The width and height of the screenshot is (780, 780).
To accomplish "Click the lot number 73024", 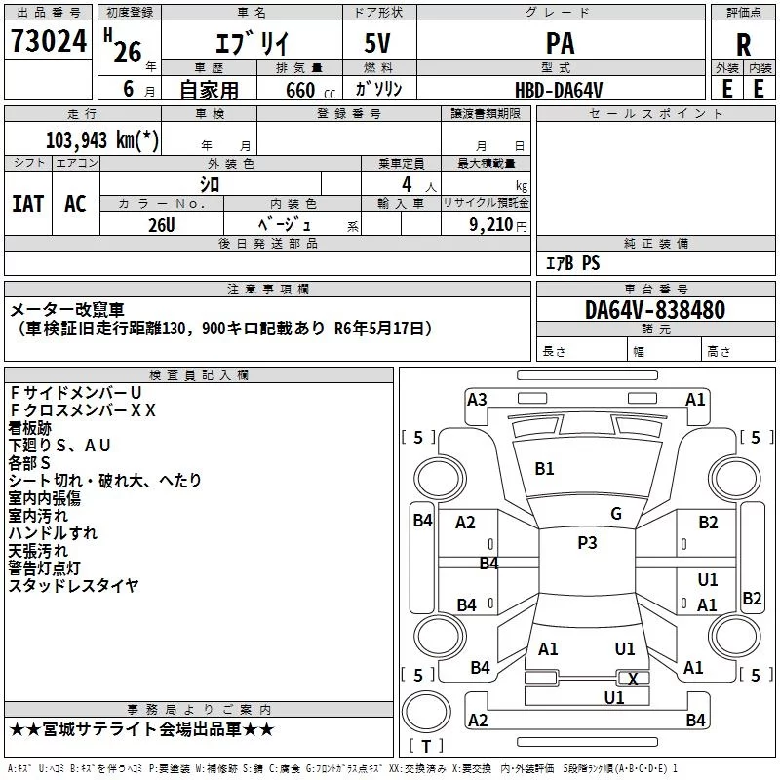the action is tap(49, 41).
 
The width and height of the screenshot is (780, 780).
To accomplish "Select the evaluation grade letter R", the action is tap(743, 45).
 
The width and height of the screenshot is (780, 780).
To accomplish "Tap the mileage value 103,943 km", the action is tap(102, 140).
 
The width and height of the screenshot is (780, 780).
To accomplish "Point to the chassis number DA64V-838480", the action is tap(655, 309).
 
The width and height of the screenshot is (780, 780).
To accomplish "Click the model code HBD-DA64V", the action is tap(559, 90).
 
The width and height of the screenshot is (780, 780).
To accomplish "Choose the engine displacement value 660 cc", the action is tap(310, 90).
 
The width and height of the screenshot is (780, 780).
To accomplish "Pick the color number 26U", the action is tap(162, 225).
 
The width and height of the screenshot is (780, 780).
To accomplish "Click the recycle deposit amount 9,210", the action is tap(491, 224).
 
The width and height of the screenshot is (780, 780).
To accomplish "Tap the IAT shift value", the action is tap(28, 204).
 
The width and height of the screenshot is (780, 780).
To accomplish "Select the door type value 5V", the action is tap(377, 43).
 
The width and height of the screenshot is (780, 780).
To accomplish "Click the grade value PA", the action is tap(560, 43).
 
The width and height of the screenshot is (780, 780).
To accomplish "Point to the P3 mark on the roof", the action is tap(587, 542).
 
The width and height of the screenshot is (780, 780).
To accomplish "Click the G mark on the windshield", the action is tap(616, 514).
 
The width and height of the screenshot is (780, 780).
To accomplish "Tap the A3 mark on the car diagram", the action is tap(477, 400).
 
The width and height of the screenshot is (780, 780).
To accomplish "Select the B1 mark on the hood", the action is tap(544, 469).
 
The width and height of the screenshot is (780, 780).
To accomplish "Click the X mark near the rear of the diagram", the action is tap(633, 679).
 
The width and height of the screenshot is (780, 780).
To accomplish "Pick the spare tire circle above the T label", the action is tap(426, 712).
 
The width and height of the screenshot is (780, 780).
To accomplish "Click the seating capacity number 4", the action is tap(407, 184).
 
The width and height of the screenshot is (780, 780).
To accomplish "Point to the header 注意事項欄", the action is tap(268, 289).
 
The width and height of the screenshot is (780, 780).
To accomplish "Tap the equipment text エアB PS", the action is tap(573, 263).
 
